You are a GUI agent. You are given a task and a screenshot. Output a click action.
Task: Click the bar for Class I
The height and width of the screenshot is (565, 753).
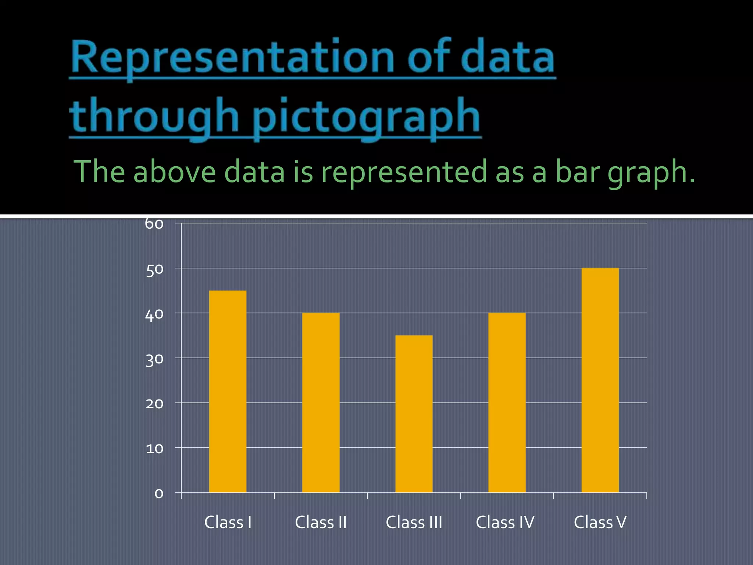[228, 391]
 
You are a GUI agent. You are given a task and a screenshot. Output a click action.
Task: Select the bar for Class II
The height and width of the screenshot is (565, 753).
[321, 402]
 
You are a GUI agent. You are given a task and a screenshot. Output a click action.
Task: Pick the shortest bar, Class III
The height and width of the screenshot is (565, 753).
[414, 414]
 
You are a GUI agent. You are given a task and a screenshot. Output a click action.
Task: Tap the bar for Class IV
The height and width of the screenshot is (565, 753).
[507, 402]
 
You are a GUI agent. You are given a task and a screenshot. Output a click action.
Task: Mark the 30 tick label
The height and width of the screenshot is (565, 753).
[155, 360]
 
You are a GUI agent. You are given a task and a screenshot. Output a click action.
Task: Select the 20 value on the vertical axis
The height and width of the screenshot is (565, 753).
[155, 404]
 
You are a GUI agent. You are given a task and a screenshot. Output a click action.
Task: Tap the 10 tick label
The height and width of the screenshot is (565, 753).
[155, 449]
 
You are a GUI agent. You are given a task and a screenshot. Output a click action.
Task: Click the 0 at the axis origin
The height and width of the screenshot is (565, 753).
[159, 494]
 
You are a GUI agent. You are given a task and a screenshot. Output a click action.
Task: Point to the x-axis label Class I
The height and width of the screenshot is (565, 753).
[228, 522]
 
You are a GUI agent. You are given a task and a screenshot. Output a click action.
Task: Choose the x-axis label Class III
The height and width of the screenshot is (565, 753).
[414, 522]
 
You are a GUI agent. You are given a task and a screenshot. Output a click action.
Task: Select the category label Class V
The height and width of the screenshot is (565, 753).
[600, 522]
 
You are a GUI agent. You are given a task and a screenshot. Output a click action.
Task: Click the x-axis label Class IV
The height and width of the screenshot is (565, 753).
[505, 522]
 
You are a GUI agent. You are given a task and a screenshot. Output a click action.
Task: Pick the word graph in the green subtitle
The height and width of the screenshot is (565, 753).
[651, 172]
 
